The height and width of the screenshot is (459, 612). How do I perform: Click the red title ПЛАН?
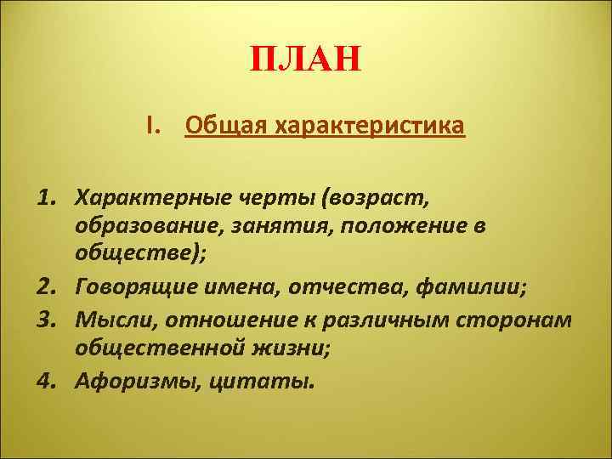tap(306, 61)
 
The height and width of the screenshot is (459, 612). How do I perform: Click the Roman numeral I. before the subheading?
tap(152, 126)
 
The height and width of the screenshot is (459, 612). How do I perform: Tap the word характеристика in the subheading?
tap(366, 127)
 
